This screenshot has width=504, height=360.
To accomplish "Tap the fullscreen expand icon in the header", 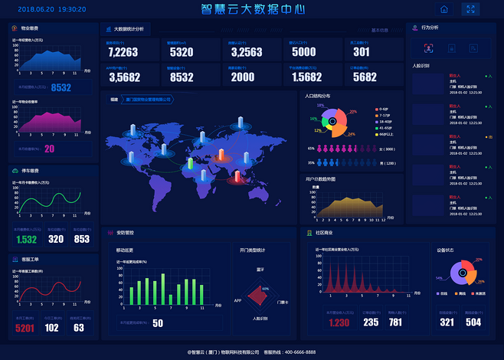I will (x=471, y=9).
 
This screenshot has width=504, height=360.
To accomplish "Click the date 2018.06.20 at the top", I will (x=34, y=10).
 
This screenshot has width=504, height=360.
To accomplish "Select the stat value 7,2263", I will (x=123, y=52).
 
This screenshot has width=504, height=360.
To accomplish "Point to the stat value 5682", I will (x=365, y=77).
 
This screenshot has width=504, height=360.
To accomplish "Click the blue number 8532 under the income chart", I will (x=61, y=87).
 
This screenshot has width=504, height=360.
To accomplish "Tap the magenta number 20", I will (x=49, y=149).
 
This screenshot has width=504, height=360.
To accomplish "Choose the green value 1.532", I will (x=26, y=239).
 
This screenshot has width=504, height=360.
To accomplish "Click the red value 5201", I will (x=25, y=328).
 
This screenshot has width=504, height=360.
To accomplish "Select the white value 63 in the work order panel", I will (x=79, y=328).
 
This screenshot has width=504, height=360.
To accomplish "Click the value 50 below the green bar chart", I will (x=158, y=322).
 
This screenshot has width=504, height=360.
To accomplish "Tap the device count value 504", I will (x=473, y=322).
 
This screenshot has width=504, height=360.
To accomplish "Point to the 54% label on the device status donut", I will (x=439, y=278).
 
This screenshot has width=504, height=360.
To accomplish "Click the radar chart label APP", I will (x=237, y=301).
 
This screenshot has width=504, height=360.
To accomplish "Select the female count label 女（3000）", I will (x=388, y=149).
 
